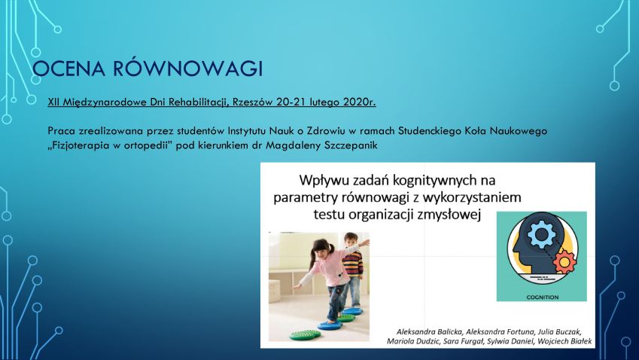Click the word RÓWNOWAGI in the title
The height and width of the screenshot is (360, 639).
tap(188, 68)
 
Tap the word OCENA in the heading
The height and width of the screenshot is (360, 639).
tap(68, 69)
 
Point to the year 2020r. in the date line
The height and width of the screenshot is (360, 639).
tap(360, 102)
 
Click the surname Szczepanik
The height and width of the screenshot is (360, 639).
tap(351, 145)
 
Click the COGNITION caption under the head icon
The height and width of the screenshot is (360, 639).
tap(543, 297)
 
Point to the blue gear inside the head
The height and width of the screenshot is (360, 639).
tap(541, 234)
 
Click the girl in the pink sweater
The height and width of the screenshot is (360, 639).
tap(331, 278)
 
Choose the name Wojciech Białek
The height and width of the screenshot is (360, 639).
tap(564, 341)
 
